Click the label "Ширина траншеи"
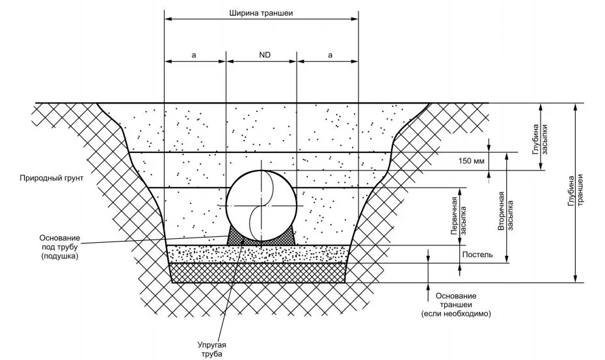(x=261, y=13)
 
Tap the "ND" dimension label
(x=265, y=55)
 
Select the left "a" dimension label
(x=194, y=55)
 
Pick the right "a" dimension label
(x=330, y=55)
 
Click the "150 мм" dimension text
(x=471, y=161)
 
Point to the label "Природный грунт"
(x=51, y=178)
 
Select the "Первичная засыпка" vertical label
(x=459, y=216)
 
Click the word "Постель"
(x=477, y=255)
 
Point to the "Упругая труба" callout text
(x=212, y=349)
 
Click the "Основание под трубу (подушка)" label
(x=60, y=247)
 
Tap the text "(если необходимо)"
(x=456, y=314)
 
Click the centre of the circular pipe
(x=262, y=206)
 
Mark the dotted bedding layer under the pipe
(x=258, y=254)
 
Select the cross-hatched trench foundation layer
(x=258, y=273)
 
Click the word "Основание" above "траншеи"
(x=456, y=296)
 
